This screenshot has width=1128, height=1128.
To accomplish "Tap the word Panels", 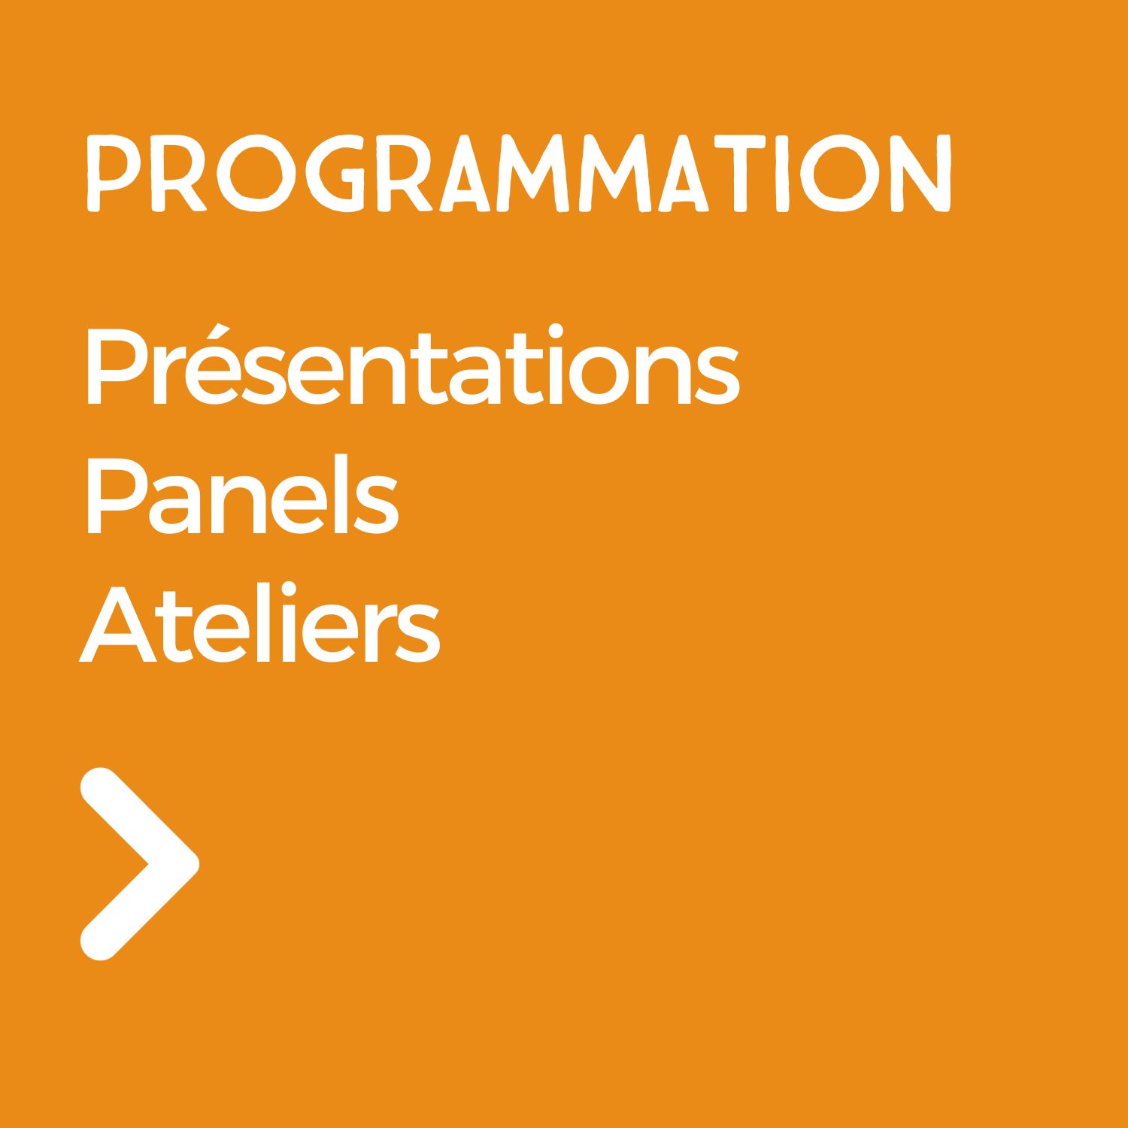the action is pos(241,493).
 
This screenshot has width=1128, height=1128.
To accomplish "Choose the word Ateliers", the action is pos(259,623).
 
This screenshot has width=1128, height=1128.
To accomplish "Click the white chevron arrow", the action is pos(140,864).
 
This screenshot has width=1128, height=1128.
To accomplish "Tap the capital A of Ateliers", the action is pos(118,625).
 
